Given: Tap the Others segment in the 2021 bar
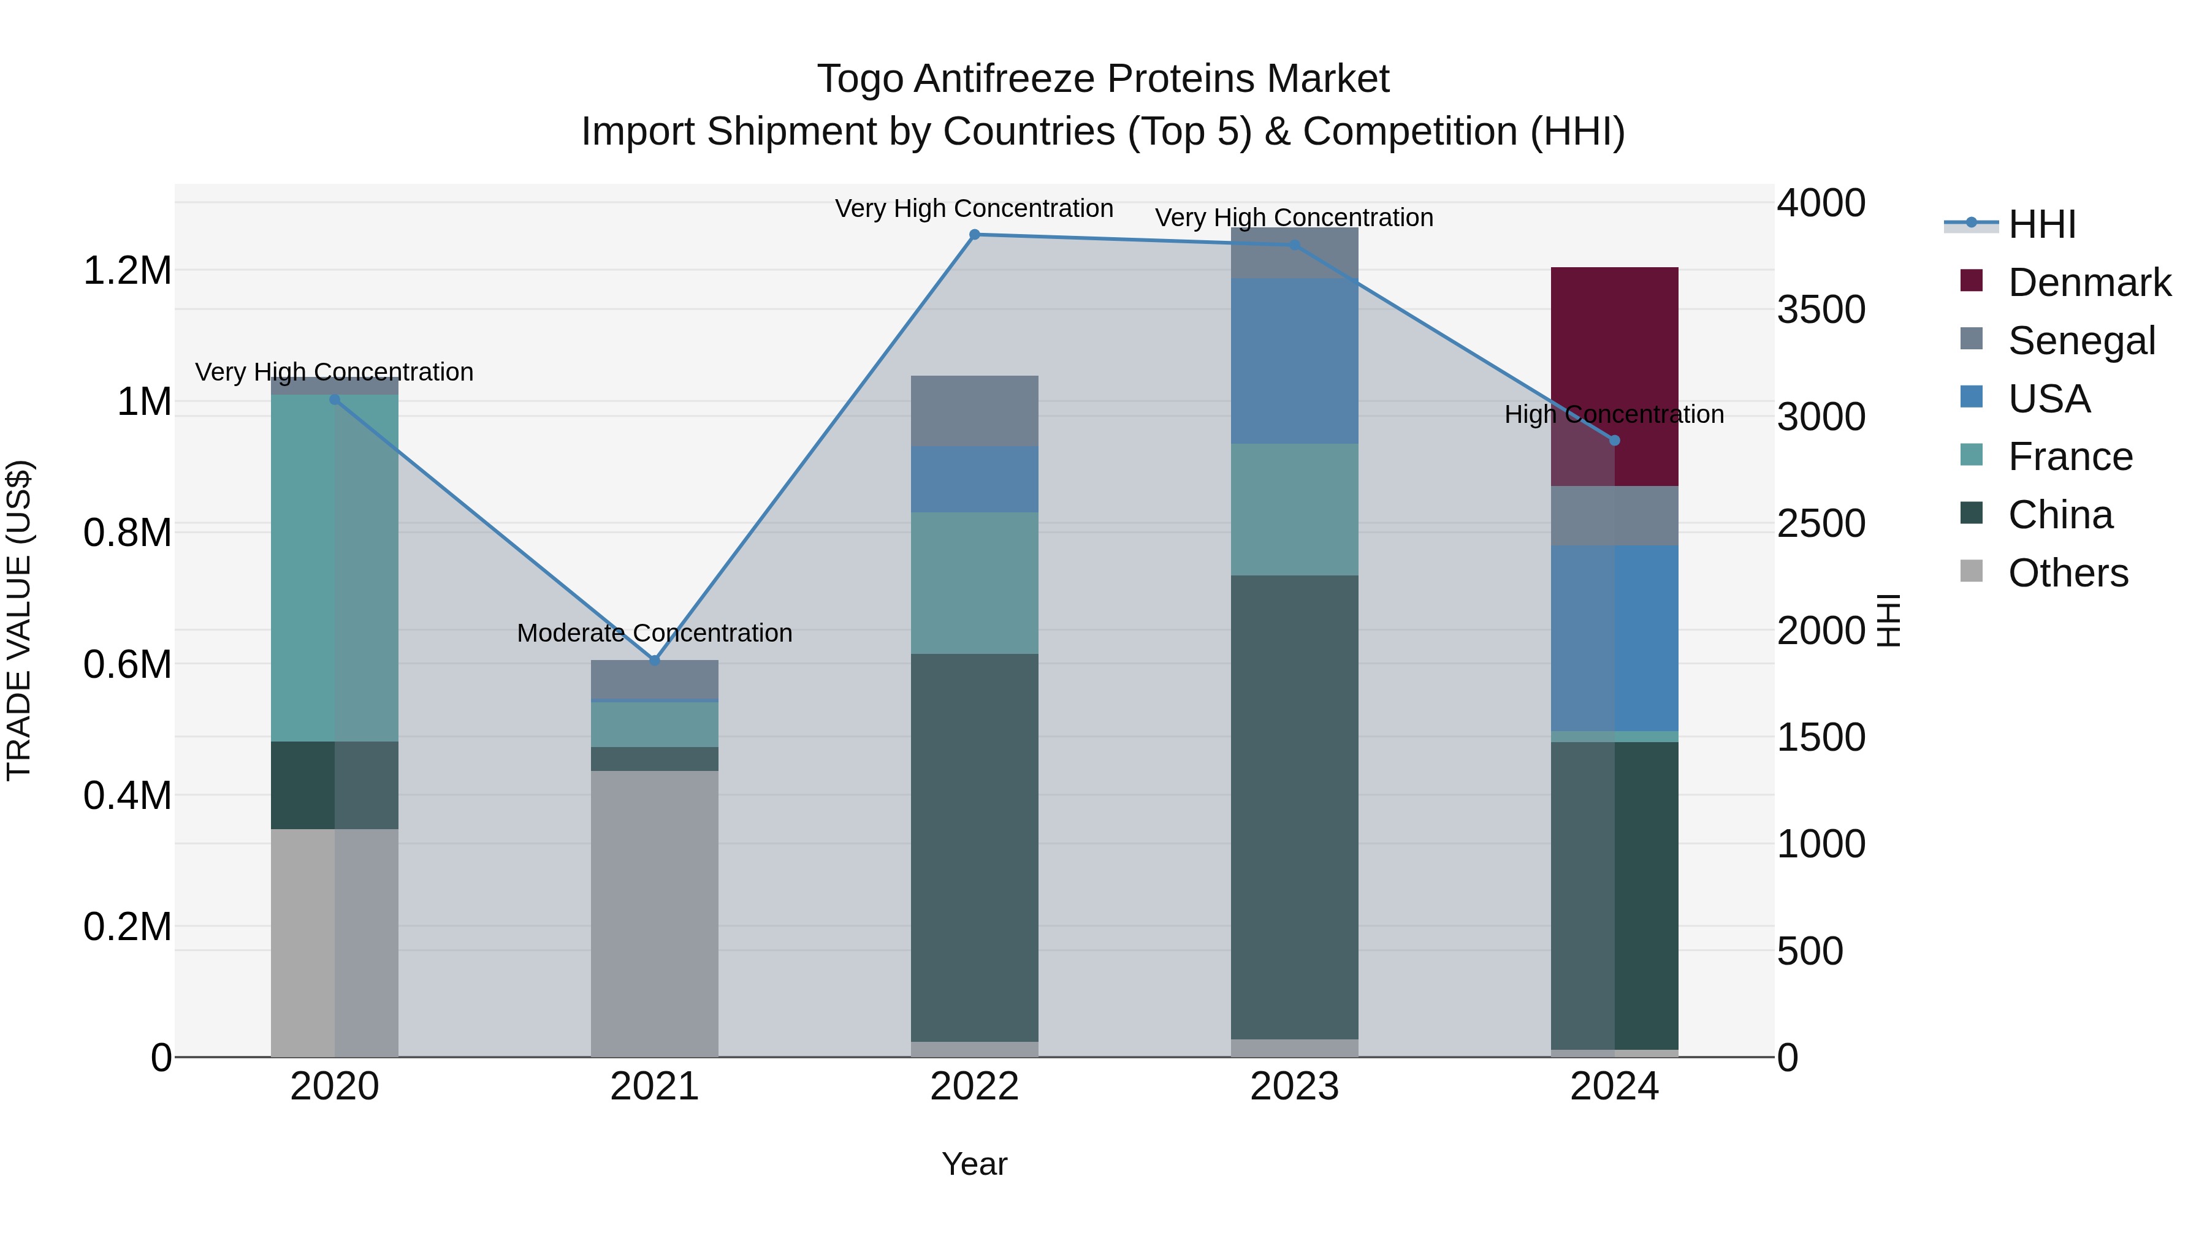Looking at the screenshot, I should tap(655, 913).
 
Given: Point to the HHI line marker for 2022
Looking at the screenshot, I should tap(974, 235).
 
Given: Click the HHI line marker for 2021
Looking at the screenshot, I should tap(655, 660).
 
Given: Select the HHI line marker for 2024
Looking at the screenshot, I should tap(1614, 440).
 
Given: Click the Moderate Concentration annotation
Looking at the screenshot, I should tap(655, 633).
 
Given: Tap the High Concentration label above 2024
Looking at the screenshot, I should tap(1614, 414).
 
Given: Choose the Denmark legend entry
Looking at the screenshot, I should tap(2089, 283).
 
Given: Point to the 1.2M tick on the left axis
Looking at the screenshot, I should tap(127, 271).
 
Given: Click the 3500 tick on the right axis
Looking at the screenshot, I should tap(1821, 310).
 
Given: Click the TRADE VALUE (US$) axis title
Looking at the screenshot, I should tap(19, 620).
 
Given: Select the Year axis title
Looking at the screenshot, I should tap(974, 1164).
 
